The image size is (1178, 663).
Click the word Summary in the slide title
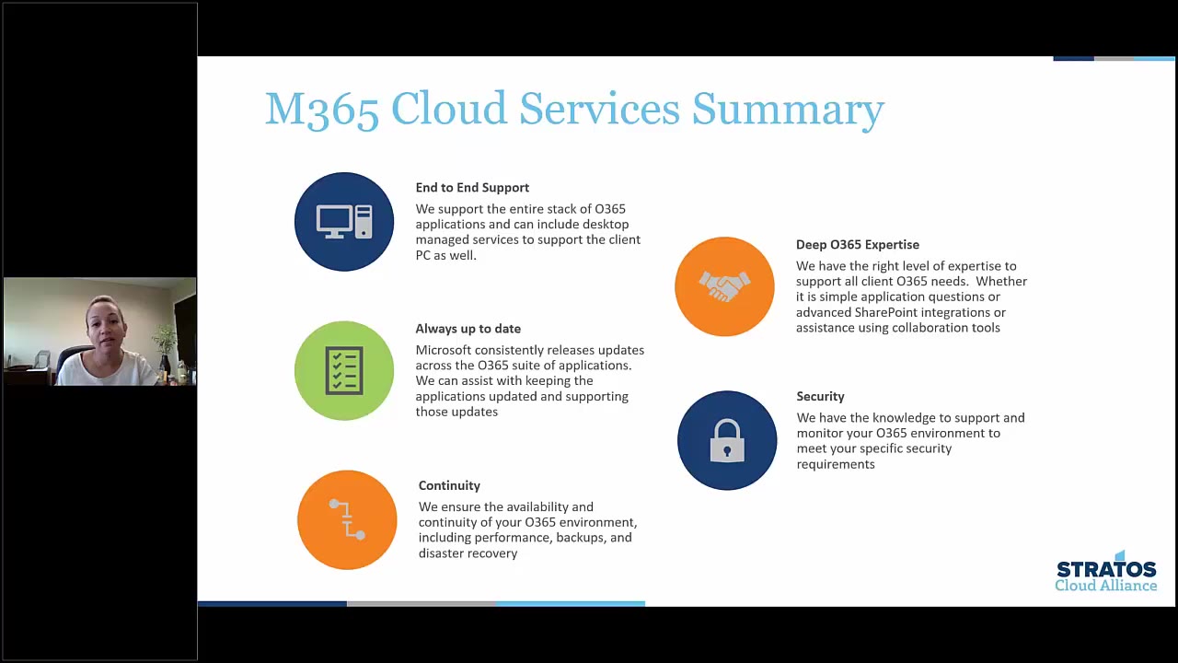[x=788, y=110]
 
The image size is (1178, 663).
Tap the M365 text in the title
[x=321, y=110]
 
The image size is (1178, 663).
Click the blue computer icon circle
[x=344, y=222]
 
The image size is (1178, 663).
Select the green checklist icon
[x=344, y=370]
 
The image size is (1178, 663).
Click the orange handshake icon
[x=724, y=286]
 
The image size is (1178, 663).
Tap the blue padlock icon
[x=727, y=440]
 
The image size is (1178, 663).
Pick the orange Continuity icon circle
[x=347, y=519]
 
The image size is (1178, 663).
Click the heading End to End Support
[x=472, y=187]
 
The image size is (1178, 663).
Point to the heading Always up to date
[x=468, y=328]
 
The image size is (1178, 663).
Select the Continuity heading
[x=449, y=485]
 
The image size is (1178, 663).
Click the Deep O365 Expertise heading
[x=857, y=244]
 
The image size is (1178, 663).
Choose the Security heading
[x=820, y=396]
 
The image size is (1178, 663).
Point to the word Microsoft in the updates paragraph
[x=444, y=350]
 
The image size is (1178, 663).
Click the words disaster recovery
[x=468, y=553]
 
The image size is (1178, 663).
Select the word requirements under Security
[x=835, y=464]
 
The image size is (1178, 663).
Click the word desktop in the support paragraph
[x=605, y=224]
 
